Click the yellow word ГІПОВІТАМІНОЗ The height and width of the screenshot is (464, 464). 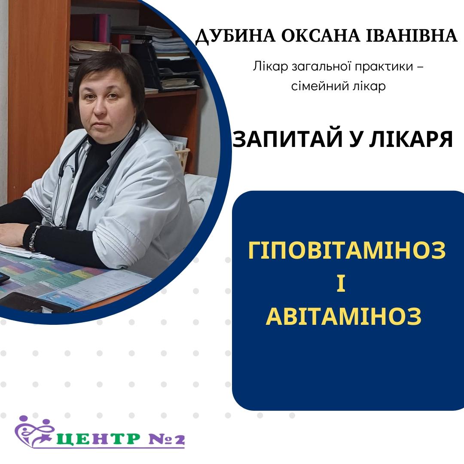(x=347, y=250)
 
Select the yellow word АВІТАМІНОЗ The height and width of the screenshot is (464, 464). (x=343, y=316)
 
